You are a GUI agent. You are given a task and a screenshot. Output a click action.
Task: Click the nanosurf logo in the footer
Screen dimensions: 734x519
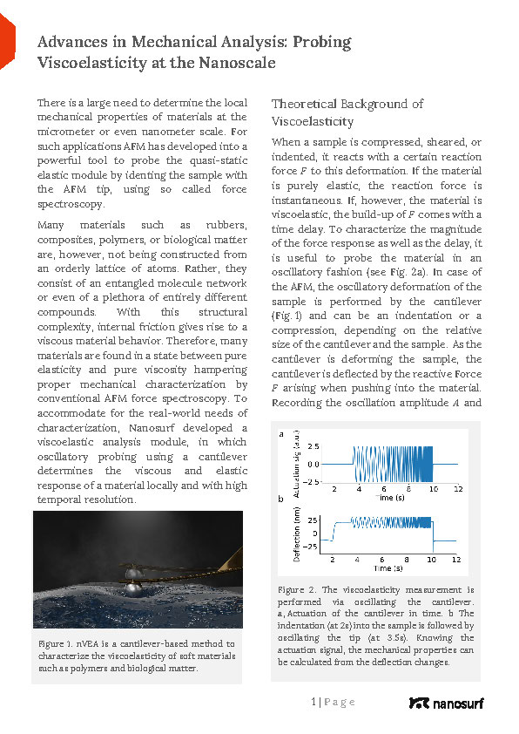(445, 703)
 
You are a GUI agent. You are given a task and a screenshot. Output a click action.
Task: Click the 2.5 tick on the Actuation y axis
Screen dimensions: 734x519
(313, 446)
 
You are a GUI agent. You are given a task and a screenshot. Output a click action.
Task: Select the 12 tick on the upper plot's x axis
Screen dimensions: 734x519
(457, 489)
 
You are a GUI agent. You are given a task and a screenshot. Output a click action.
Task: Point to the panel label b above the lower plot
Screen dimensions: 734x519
(280, 500)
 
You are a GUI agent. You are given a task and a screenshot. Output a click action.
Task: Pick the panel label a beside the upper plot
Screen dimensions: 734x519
(280, 433)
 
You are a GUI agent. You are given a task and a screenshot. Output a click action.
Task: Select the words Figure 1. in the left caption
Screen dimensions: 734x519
(57, 643)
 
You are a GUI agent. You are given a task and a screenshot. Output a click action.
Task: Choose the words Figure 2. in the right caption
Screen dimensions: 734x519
(297, 590)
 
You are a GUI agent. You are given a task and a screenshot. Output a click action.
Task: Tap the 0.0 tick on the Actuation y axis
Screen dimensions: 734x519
(313, 464)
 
